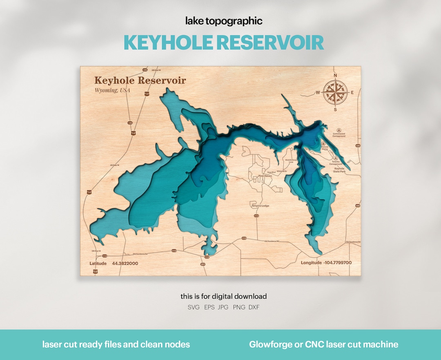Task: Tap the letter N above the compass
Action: click(x=335, y=76)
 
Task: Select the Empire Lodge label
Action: click(x=260, y=206)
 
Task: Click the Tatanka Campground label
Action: click(x=336, y=163)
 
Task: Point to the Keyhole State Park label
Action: click(x=339, y=170)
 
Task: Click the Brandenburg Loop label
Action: click(x=292, y=161)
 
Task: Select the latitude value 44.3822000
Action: click(x=125, y=264)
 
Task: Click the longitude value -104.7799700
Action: click(x=337, y=263)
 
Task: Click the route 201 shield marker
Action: click(x=203, y=264)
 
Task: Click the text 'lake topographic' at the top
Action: click(x=224, y=21)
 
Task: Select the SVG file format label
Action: click(x=194, y=307)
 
